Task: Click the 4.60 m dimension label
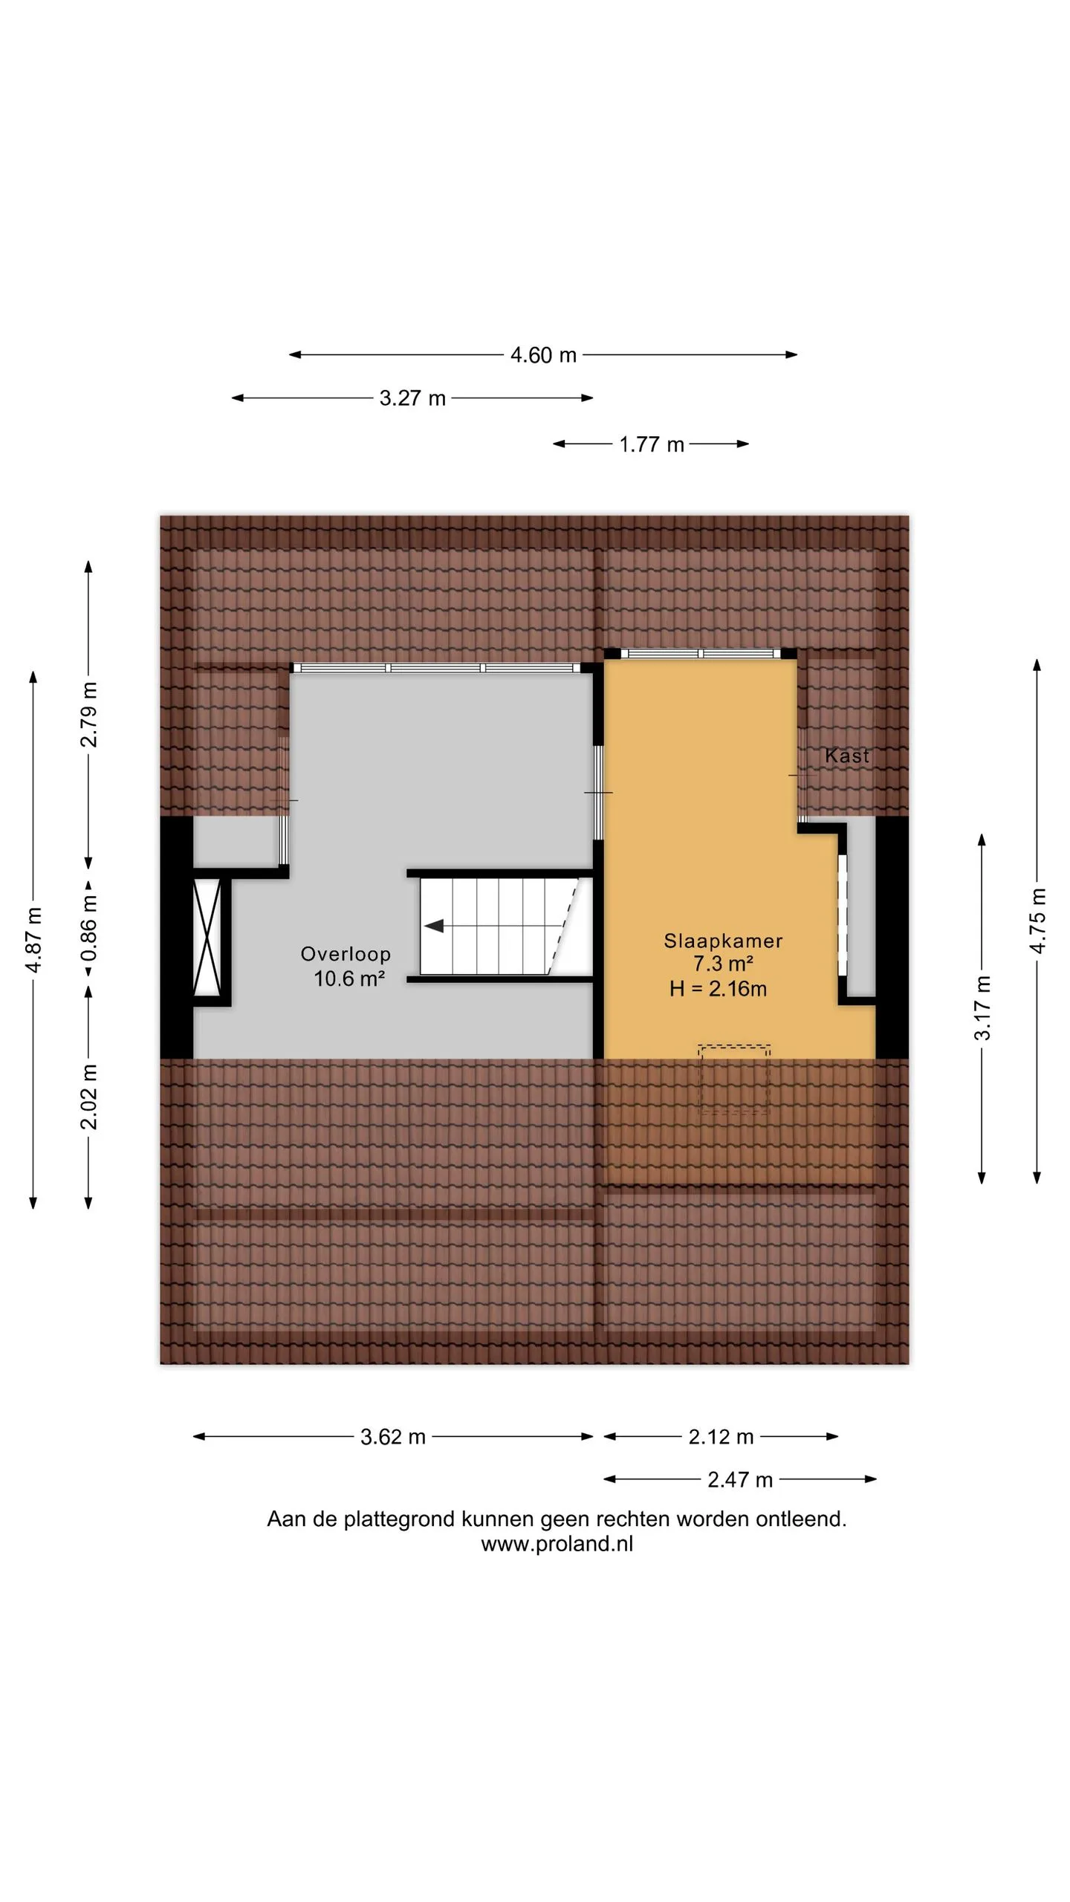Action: click(x=543, y=355)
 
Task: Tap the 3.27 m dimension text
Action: click(x=412, y=398)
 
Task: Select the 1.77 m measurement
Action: click(x=652, y=444)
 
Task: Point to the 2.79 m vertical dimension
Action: click(x=89, y=714)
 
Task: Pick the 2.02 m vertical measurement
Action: click(x=89, y=1097)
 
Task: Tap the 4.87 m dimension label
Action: click(x=33, y=940)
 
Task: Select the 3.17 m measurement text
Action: click(x=982, y=1008)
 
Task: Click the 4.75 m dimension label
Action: click(x=1038, y=921)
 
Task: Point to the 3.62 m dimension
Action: click(x=393, y=1437)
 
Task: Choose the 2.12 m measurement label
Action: click(x=721, y=1437)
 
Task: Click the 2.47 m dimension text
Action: click(x=740, y=1480)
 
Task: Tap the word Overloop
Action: click(x=346, y=954)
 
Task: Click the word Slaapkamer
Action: click(x=723, y=941)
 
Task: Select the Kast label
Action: click(x=847, y=756)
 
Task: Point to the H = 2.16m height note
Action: click(x=718, y=989)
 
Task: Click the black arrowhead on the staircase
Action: click(x=433, y=926)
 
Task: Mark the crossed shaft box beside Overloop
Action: click(x=207, y=938)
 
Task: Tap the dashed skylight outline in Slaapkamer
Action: click(x=734, y=1079)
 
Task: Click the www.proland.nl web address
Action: click(x=557, y=1544)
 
